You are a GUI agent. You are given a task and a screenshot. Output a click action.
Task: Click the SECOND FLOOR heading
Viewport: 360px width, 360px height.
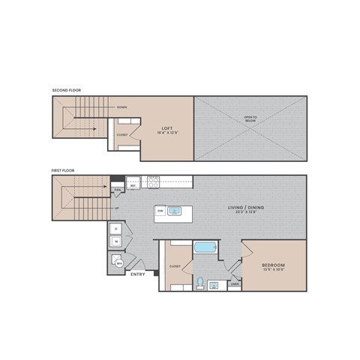(66, 91)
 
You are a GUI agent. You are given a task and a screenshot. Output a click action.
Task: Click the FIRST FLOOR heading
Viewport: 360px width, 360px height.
(63, 170)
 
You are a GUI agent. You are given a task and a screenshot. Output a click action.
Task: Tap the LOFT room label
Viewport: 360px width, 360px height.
(167, 128)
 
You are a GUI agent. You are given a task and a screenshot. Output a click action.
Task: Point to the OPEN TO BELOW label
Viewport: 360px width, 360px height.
(250, 118)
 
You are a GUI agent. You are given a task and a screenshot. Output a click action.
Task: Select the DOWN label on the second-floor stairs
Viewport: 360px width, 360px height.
(121, 107)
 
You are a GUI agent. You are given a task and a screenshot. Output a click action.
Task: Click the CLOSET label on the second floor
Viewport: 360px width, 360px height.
(121, 135)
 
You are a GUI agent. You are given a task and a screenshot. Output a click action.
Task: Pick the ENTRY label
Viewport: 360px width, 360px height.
(138, 274)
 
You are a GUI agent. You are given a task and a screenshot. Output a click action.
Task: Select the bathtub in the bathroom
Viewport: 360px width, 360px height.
(205, 248)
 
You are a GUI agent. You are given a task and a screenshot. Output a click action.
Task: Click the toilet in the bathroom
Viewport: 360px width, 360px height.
(200, 283)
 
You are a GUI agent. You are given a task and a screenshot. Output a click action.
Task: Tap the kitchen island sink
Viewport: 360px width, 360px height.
(174, 211)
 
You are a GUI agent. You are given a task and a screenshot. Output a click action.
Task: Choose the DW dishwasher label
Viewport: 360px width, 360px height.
(160, 211)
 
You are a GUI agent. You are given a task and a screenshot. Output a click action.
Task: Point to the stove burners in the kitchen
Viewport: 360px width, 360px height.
(154, 181)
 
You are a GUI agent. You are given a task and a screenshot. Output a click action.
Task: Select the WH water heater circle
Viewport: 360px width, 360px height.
(118, 262)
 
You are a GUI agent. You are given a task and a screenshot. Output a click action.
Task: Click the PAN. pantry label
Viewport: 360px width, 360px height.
(118, 190)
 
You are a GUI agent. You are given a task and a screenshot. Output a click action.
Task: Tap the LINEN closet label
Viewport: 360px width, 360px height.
(235, 283)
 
